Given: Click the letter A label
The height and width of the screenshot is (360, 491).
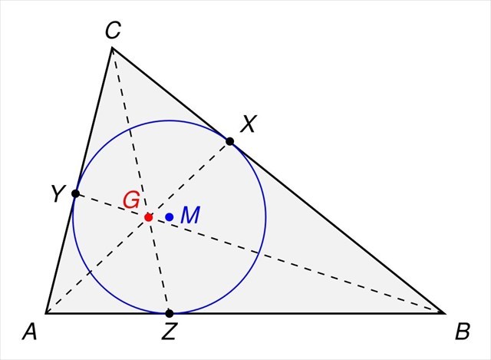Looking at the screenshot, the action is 31,332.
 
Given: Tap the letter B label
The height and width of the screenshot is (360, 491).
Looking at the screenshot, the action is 463,332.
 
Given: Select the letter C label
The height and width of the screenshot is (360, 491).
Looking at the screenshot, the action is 113,31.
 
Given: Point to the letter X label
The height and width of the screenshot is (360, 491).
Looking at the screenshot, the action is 248,124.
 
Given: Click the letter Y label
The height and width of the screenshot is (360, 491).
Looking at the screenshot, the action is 57,195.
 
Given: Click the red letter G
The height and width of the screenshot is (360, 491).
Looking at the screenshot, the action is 131,200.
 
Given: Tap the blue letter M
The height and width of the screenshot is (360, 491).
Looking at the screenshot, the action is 189,216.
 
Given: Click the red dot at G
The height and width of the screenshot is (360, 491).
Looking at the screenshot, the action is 148,217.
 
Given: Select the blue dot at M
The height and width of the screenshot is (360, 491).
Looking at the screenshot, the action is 169,217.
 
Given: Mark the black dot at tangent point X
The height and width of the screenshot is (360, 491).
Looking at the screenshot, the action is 229,141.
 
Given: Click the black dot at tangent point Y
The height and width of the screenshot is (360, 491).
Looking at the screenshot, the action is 75,193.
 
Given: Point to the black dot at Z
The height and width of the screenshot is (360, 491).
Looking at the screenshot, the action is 170,313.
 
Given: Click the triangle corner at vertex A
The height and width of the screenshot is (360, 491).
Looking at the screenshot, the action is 46,313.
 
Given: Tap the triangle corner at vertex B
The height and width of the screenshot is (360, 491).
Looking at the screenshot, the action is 444,313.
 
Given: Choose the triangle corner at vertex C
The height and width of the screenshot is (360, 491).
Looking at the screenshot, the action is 113,48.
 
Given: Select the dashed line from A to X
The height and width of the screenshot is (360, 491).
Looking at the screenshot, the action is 100,263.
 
